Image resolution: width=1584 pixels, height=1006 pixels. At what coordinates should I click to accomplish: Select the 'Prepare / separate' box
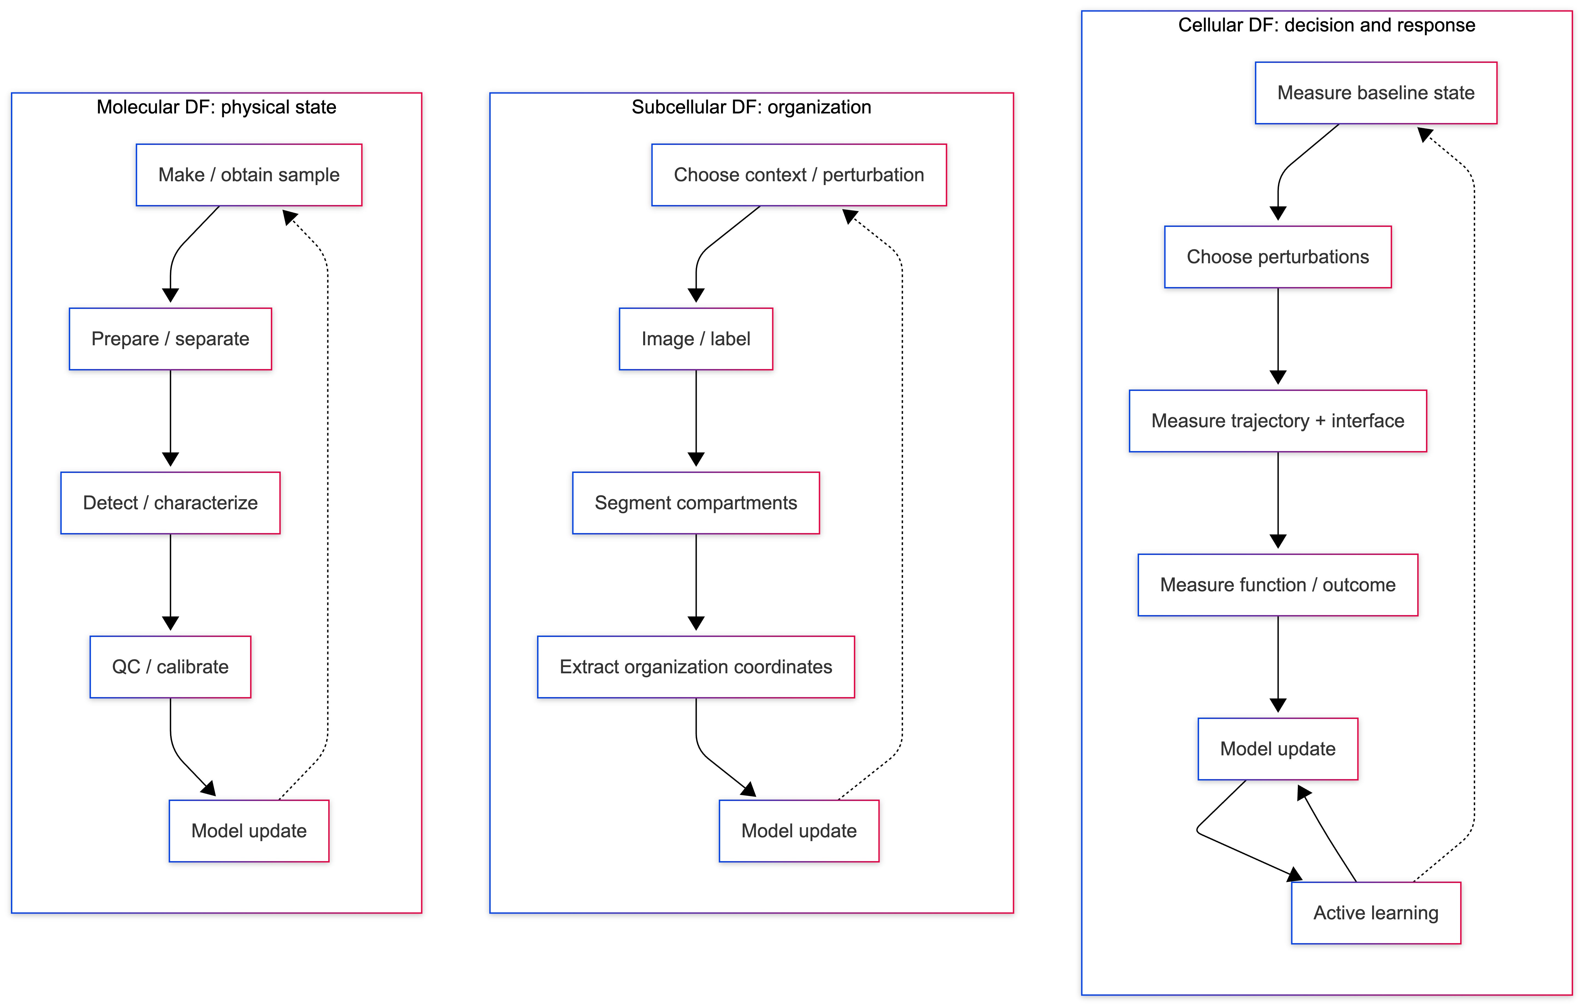[170, 339]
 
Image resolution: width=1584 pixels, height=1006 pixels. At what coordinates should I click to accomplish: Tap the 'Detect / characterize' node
[170, 503]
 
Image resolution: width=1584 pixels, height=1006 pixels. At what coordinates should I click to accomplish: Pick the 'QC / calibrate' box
[170, 666]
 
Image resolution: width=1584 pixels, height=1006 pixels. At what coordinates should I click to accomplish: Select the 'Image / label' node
[696, 339]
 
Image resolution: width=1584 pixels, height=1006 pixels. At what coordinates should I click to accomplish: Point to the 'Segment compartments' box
[696, 503]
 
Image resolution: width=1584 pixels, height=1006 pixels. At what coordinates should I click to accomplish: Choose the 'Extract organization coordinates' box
[696, 666]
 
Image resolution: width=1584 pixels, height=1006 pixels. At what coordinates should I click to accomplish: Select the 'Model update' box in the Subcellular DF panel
[799, 831]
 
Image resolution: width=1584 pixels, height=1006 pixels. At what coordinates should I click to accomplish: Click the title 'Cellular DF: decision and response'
[1326, 25]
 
